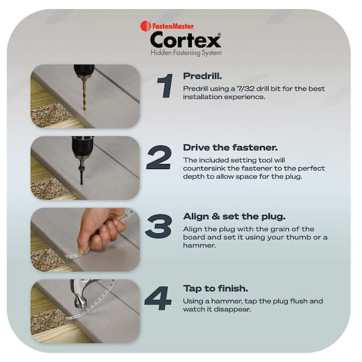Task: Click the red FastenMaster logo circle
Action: (x=145, y=26)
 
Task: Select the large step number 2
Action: (x=159, y=158)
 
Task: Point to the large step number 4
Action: (x=157, y=298)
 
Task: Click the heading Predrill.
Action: (x=202, y=77)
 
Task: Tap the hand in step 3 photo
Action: (x=100, y=229)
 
